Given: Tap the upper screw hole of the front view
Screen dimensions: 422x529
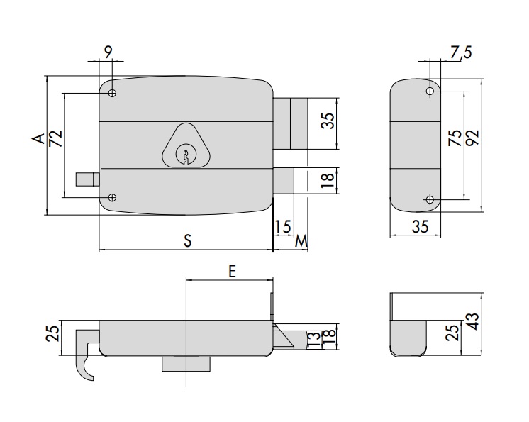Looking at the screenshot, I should pos(113,93).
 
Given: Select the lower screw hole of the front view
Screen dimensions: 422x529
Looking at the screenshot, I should pos(113,197).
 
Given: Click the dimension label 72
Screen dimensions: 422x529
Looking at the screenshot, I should pos(56,138).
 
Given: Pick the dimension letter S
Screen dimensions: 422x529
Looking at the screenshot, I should pos(187,240).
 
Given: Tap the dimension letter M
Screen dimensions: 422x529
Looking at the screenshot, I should pos(301,241).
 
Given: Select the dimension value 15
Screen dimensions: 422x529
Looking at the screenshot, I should pos(282,226).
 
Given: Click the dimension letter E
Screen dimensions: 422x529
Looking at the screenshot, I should pos(232,270).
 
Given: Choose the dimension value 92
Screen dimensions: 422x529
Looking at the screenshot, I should pos(472,136).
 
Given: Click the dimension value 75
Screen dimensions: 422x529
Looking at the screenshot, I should pos(455,136).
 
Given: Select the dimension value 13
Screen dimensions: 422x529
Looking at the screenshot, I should pos(313,339).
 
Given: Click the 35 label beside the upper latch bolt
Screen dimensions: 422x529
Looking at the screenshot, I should pos(327,120).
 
